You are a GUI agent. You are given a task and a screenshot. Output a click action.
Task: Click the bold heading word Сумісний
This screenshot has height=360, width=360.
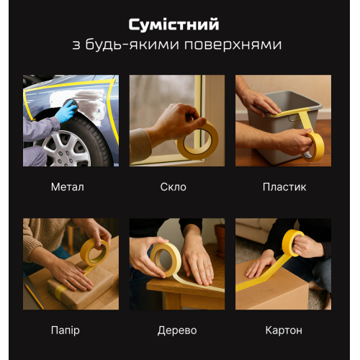coord(174,25)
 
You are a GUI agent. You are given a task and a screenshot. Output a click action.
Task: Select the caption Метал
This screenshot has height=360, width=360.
coord(68,187)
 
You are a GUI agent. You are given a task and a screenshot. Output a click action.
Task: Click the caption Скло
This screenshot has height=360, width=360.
coord(174,187)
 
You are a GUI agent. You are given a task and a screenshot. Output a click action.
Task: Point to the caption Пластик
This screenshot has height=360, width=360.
coord(284,187)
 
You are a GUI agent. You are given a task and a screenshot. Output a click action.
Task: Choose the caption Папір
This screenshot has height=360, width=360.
coord(66,330)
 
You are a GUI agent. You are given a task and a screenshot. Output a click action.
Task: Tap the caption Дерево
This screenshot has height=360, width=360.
coord(176,330)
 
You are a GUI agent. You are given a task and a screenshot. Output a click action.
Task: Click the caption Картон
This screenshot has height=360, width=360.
coord(283,330)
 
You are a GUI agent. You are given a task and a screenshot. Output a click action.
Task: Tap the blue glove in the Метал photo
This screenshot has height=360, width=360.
coord(66,111)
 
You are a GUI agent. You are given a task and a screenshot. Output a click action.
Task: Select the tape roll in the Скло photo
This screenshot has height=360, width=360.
coord(197,140)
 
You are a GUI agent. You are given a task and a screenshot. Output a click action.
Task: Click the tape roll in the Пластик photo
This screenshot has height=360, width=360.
coord(314,146)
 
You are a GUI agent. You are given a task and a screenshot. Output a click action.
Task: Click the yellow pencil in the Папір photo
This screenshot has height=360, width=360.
coord(33,295)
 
